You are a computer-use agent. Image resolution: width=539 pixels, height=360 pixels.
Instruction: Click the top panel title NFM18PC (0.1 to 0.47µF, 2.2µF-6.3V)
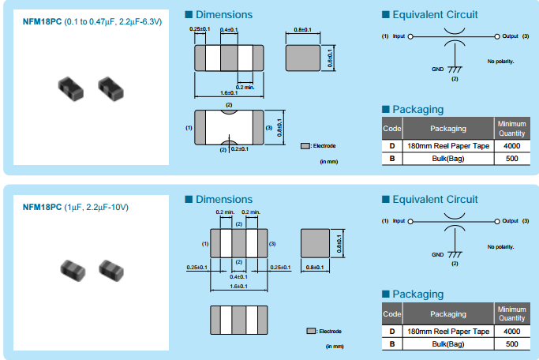pos(92,21)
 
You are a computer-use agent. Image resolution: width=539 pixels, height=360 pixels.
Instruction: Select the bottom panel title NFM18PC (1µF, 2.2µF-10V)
pos(76,207)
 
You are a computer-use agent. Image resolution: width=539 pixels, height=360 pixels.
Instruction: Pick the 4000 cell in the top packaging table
pos(511,146)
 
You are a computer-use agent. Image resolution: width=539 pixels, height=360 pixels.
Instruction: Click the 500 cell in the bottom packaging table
pos(511,343)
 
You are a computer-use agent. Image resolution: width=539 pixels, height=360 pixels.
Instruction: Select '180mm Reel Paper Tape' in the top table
pos(447,146)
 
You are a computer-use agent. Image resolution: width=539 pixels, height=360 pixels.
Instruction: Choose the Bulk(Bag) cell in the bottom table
pos(447,343)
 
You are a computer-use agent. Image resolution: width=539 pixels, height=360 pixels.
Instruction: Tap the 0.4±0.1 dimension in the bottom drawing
pos(239,277)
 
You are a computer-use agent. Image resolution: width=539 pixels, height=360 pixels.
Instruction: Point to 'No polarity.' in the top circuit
pos(500,62)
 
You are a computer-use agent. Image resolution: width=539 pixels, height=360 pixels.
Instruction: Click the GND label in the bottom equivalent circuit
pos(437,254)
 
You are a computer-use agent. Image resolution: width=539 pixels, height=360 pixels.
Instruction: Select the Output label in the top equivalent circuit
pos(509,36)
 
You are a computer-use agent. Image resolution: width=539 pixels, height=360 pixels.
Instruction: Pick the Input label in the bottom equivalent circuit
pos(399,221)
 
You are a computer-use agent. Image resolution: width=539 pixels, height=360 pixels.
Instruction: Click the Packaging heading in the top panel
pos(417,109)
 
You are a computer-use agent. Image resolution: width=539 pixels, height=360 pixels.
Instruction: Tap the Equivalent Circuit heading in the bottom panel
pos(434,199)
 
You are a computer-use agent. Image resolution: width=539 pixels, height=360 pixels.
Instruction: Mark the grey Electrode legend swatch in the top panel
pos(305,146)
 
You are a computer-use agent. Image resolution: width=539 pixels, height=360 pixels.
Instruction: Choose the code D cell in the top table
pos(391,146)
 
